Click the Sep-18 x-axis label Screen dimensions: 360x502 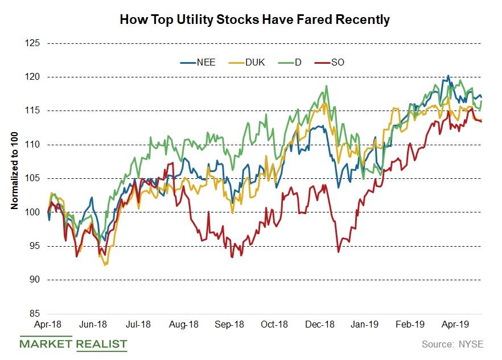coord(229,325)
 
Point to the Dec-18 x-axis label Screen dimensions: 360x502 coord(320,325)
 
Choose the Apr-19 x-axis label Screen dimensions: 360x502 coord(455,325)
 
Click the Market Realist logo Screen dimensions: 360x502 coord(73,344)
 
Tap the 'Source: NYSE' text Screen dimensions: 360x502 coord(453,344)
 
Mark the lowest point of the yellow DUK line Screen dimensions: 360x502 coord(106,265)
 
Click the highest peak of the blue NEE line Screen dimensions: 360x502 coord(448,75)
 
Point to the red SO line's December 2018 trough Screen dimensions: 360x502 coord(339,252)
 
